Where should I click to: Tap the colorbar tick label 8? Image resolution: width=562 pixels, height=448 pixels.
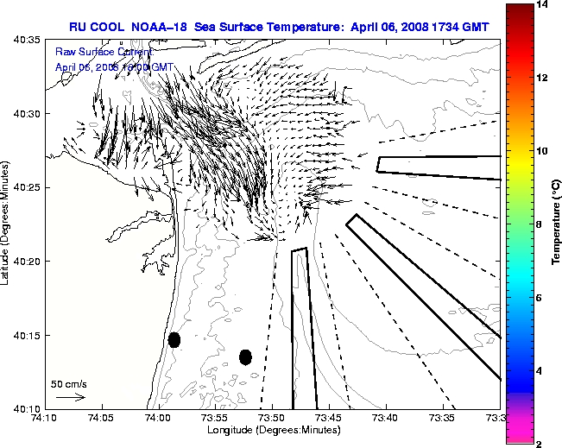click(x=540, y=224)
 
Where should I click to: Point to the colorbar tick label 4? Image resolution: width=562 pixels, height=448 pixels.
click(x=540, y=370)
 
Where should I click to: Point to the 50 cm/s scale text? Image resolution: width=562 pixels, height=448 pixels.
click(x=69, y=384)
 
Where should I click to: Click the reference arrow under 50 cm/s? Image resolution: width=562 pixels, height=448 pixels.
click(x=71, y=398)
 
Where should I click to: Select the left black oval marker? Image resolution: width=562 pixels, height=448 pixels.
click(x=174, y=340)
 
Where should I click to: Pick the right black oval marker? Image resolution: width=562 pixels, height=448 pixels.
click(x=245, y=357)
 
